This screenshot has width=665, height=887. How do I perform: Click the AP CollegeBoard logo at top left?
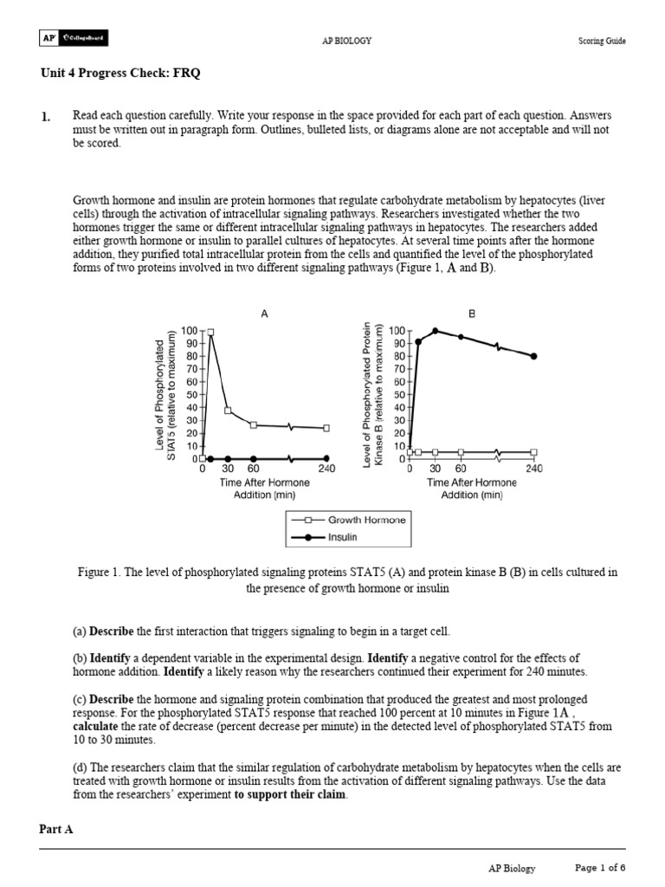pyautogui.click(x=74, y=39)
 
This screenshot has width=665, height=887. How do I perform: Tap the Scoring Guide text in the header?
pyautogui.click(x=602, y=41)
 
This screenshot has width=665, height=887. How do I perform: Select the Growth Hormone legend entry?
pyautogui.click(x=365, y=520)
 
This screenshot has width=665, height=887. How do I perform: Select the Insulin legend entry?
pyautogui.click(x=343, y=537)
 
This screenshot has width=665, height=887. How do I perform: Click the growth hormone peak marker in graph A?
pyautogui.click(x=210, y=332)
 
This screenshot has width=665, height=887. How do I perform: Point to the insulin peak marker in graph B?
pyautogui.click(x=435, y=331)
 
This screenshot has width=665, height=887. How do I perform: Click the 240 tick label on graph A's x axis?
pyautogui.click(x=326, y=469)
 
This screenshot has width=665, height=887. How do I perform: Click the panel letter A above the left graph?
pyautogui.click(x=264, y=314)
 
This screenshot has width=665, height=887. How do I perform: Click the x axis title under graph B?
pyautogui.click(x=472, y=489)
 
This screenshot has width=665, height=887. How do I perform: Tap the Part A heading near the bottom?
pyautogui.click(x=56, y=829)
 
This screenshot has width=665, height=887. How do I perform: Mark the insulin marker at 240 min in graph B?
pyautogui.click(x=533, y=356)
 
